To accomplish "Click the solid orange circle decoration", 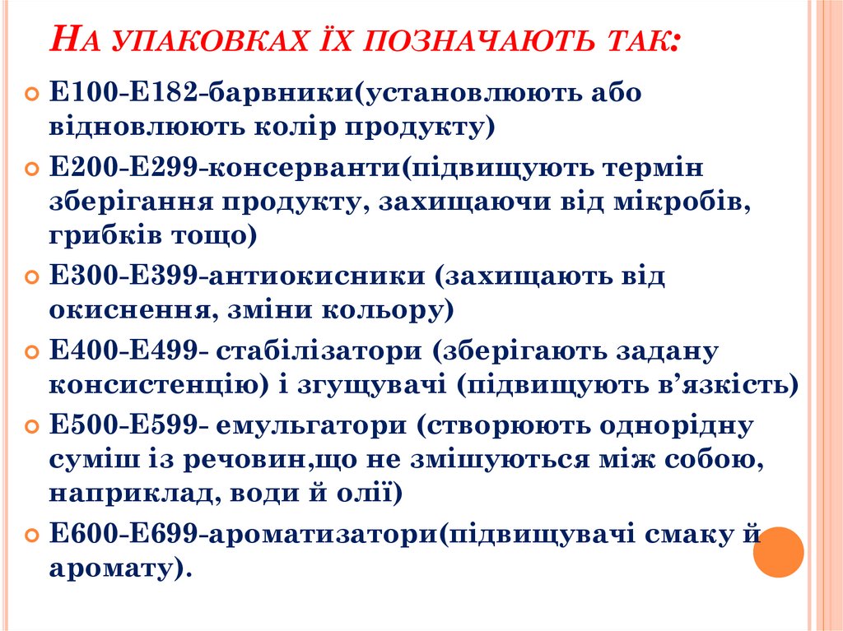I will tap(778, 551).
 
